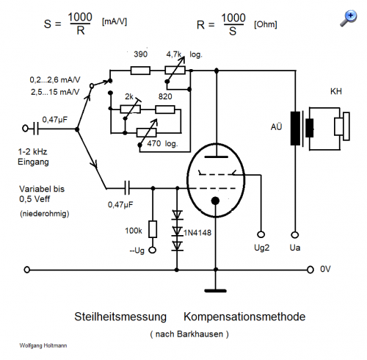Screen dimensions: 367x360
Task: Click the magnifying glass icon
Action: coord(349,18)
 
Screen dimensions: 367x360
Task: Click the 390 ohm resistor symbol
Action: coord(140,71)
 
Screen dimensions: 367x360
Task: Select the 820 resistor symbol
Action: coord(165,109)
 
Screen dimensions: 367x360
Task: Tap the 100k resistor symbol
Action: coord(153,229)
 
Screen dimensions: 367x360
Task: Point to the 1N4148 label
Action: coord(197,232)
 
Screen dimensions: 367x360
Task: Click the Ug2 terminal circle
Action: coord(261,234)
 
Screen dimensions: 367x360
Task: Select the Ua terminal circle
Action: coord(295,234)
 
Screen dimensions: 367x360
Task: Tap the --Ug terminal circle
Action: coord(153,250)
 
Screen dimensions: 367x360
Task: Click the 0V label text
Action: coord(325,269)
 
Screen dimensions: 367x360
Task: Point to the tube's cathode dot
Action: coord(215,201)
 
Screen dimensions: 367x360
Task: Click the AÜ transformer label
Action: coord(277,127)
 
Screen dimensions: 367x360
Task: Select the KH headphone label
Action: coord(336,92)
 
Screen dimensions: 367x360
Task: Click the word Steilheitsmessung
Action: coord(120,317)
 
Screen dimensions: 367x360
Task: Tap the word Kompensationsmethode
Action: coord(244,317)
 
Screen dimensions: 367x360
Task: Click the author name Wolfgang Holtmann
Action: coord(43,345)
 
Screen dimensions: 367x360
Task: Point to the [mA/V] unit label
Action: coord(115,22)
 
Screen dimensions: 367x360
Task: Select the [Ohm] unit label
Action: coord(266,24)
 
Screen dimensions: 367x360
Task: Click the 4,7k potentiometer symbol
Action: coord(175,71)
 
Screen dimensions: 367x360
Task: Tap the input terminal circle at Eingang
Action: coord(25,129)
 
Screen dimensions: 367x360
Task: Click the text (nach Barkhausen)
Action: coord(189,334)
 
